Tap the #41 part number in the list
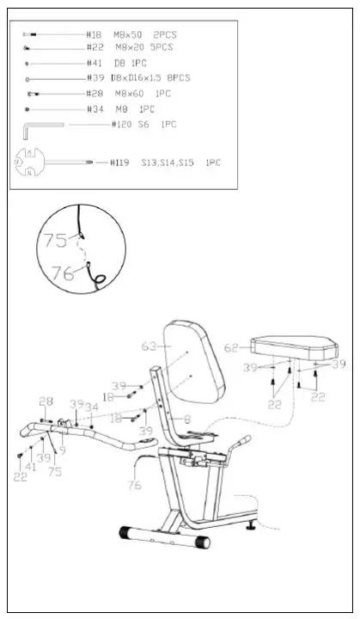(95, 63)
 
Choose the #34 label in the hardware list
(95, 109)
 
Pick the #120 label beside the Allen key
(121, 125)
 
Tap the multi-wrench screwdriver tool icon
(52, 162)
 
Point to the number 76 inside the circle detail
(62, 273)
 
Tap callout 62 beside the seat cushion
(232, 349)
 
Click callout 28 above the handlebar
(46, 401)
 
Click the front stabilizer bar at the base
(164, 538)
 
